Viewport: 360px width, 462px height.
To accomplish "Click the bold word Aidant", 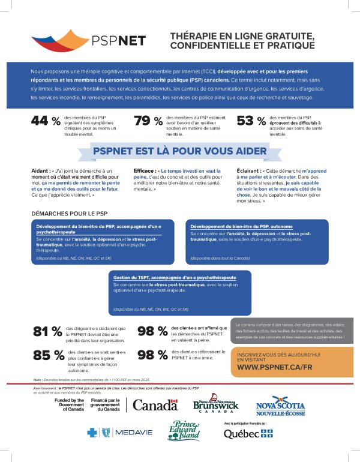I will (41, 171).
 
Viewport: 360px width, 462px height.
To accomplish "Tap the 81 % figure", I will (48, 332).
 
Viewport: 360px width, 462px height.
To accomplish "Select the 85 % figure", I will (48, 355).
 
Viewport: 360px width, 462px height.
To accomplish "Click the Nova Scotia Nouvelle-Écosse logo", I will (280, 406).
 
